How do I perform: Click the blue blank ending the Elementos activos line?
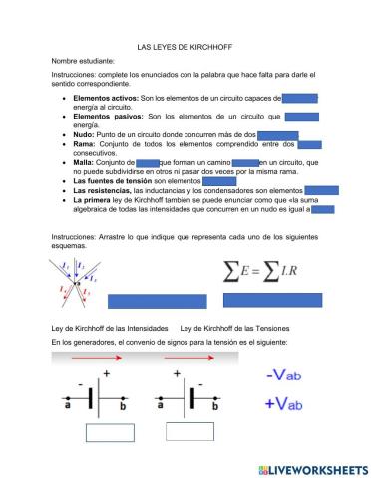coord(301,99)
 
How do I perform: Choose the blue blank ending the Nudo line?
coord(278,134)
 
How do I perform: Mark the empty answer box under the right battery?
coord(190,430)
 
